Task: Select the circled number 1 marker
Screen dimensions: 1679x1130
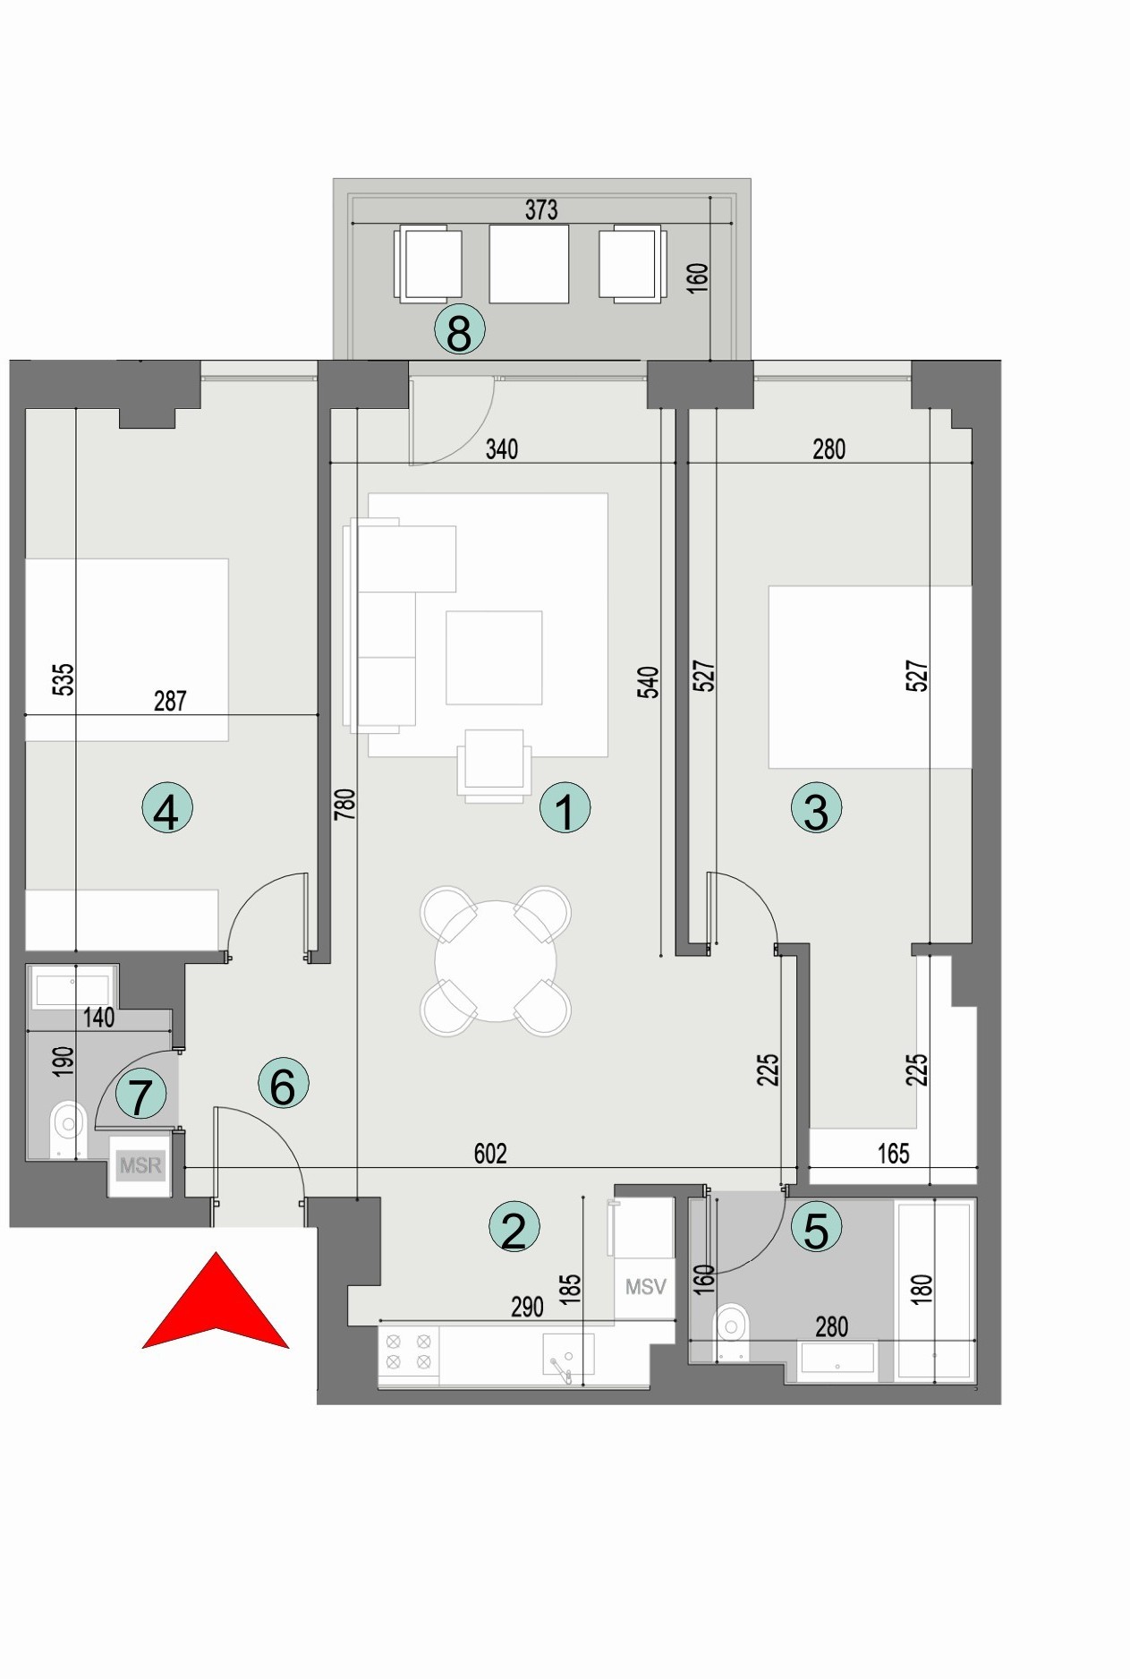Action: point(565,809)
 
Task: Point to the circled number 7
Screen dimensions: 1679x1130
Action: point(141,1095)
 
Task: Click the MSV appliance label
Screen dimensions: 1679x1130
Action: point(645,1286)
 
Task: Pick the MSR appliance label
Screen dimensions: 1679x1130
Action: point(140,1165)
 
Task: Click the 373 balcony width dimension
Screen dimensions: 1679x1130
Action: point(541,209)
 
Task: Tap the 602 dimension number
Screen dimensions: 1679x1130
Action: point(490,1154)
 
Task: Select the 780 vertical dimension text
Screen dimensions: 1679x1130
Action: point(344,804)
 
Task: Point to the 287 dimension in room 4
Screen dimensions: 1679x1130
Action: point(170,701)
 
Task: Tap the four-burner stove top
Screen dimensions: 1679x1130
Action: point(409,1351)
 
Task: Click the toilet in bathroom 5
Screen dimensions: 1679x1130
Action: point(732,1323)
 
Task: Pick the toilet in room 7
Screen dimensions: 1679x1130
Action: point(66,1121)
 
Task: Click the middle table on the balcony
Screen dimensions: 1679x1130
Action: point(529,264)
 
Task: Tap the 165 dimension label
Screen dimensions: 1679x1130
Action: point(893,1154)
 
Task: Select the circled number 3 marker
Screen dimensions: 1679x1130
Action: point(816,809)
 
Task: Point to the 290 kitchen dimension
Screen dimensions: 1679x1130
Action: point(527,1308)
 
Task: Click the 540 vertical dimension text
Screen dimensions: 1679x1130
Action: point(649,682)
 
